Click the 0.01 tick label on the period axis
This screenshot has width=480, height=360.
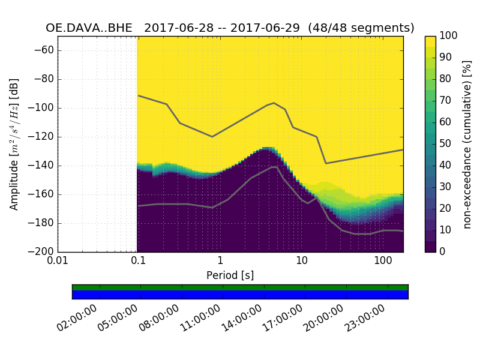[x=58, y=262]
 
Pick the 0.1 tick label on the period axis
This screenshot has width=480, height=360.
[x=139, y=262]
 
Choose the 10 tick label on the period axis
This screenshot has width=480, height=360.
[x=302, y=262]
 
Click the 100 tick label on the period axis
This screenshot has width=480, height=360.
[x=383, y=262]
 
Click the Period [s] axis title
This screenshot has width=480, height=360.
[x=230, y=275]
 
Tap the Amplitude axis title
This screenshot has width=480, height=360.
[x=14, y=144]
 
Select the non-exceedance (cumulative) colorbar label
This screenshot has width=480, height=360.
[x=467, y=144]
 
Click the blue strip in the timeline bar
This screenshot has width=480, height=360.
[x=240, y=295]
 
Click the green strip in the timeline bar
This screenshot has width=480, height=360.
[x=240, y=287]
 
